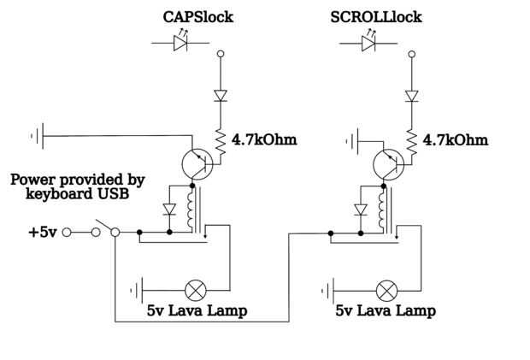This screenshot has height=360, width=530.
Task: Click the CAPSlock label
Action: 197,17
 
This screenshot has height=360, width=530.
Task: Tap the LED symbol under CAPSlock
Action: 180,43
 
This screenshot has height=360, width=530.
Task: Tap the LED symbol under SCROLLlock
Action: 370,43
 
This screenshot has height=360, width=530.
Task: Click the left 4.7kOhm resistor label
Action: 264,139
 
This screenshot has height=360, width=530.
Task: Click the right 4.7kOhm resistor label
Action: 456,139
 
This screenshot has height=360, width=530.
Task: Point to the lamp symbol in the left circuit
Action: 196,290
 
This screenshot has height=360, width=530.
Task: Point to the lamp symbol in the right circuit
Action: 387,290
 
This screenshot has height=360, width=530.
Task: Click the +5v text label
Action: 43,232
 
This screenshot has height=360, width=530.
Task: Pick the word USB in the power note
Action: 112,195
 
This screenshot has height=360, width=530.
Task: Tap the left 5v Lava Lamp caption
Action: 197,311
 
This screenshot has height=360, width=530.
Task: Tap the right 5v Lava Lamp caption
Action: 386,311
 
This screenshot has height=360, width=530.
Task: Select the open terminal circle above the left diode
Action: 221,55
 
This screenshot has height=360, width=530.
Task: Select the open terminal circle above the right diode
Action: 412,55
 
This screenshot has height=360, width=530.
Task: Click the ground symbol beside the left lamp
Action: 136,290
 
